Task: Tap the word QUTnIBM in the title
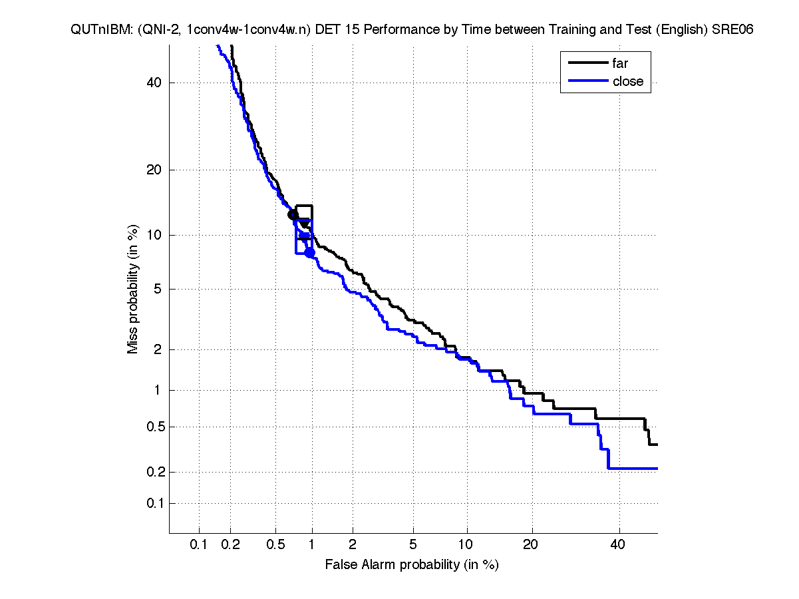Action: point(96,30)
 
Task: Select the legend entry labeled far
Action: point(620,63)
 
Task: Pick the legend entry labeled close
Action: point(628,81)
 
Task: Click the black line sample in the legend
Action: point(587,63)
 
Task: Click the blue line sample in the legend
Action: point(587,81)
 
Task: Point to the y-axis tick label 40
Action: point(155,83)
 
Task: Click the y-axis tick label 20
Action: point(155,170)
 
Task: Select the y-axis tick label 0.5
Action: point(152,427)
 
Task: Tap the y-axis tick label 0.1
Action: point(152,503)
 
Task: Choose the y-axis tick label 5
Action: point(158,289)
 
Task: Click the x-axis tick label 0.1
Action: point(199,545)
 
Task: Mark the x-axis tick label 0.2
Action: point(231,545)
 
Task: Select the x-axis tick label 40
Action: point(618,545)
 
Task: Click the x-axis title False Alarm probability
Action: point(411,565)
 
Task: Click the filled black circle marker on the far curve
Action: point(293,214)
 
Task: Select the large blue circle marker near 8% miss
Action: point(309,253)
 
